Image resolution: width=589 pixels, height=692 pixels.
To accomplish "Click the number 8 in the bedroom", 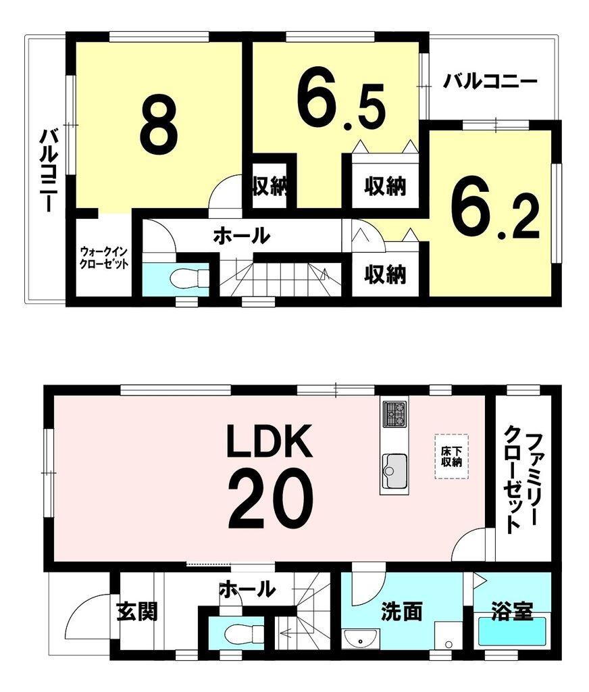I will (x=159, y=126).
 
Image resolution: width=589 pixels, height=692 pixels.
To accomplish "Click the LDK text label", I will (x=269, y=442).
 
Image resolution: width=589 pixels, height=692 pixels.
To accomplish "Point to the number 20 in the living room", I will (x=270, y=500).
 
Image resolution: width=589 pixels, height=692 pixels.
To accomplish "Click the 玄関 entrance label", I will (x=137, y=612).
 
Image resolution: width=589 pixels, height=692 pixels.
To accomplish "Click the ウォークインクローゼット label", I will (x=103, y=257).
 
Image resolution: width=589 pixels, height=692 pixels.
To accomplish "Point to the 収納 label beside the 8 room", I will (x=270, y=187).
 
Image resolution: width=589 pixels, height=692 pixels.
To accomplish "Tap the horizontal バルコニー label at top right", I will (x=490, y=82).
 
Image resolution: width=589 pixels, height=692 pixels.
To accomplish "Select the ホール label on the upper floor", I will (x=241, y=236).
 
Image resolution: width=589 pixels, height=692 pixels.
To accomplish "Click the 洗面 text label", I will (x=402, y=612).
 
